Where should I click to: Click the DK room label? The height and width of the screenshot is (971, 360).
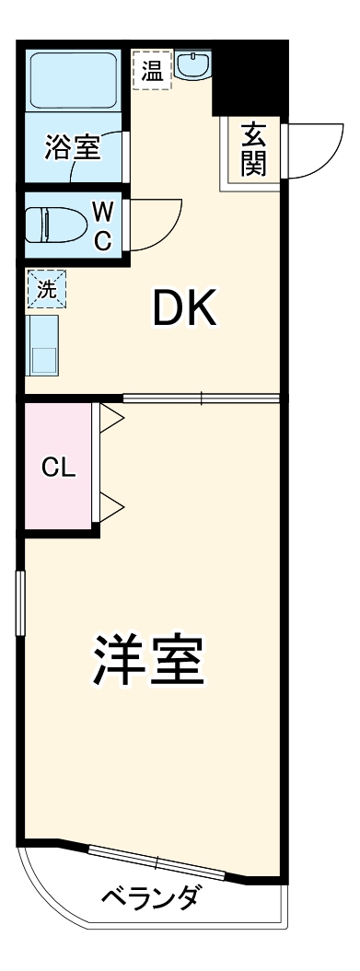pyautogui.click(x=184, y=310)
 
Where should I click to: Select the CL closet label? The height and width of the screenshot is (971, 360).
pyautogui.click(x=57, y=467)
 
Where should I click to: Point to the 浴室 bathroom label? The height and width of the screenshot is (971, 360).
pyautogui.click(x=72, y=147)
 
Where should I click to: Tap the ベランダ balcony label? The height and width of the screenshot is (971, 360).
pyautogui.click(x=148, y=897)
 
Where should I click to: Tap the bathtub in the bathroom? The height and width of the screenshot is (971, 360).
pyautogui.click(x=73, y=81)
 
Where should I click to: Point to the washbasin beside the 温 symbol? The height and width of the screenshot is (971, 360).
pyautogui.click(x=193, y=68)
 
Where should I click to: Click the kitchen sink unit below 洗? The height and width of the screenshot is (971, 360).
pyautogui.click(x=42, y=344)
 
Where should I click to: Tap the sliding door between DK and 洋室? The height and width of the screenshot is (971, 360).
pyautogui.click(x=201, y=399)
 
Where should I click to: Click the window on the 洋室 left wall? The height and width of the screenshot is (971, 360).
pyautogui.click(x=19, y=603)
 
